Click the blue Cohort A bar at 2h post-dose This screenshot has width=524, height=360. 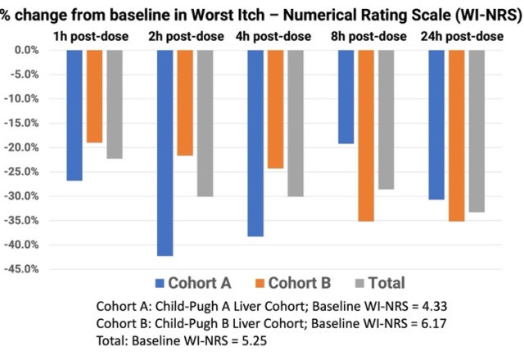tap(165, 152)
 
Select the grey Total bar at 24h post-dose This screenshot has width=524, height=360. tap(477, 131)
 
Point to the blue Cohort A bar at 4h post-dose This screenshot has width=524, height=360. tap(255, 142)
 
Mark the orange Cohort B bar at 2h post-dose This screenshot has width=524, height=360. tap(185, 102)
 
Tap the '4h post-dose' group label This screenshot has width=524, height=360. tap(276, 37)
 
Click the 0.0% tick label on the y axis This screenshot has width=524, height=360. tap(26, 50)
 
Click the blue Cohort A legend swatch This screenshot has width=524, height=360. tap(160, 284)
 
